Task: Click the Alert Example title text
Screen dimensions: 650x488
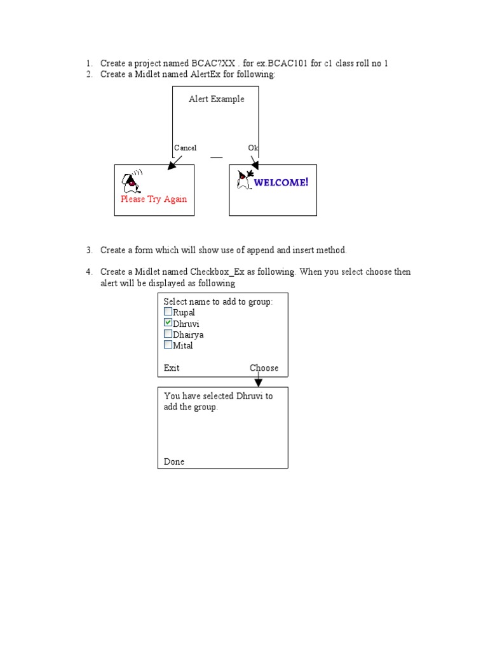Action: click(x=216, y=99)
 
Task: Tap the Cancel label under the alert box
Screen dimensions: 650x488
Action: click(x=186, y=148)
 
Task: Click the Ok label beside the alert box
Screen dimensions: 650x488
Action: click(x=253, y=148)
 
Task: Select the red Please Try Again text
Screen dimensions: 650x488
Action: click(x=154, y=199)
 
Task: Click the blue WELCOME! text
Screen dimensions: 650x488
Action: click(x=281, y=183)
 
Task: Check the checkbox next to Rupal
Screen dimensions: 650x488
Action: click(x=168, y=312)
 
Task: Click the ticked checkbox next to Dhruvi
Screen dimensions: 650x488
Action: click(x=168, y=322)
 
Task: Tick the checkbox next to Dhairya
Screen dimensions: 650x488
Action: click(x=168, y=334)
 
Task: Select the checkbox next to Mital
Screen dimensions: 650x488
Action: click(x=168, y=345)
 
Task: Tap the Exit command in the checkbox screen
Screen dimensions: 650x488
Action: click(x=172, y=368)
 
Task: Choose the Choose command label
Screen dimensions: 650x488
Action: click(x=264, y=368)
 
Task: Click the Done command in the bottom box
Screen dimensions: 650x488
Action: click(x=174, y=462)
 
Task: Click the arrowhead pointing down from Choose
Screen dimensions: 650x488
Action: click(x=258, y=382)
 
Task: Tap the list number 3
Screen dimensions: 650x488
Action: click(x=89, y=251)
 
